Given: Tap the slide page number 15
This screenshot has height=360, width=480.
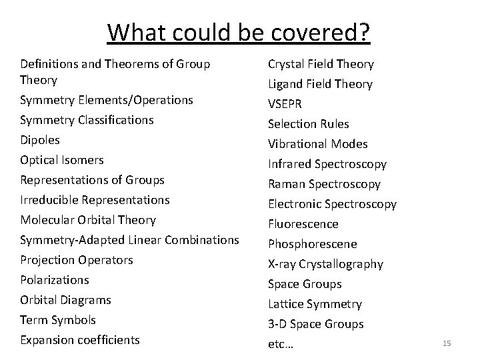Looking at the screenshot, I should [447, 343].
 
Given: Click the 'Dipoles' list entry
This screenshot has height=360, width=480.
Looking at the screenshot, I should [40, 140].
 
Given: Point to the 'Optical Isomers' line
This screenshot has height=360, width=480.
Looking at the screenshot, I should [62, 160].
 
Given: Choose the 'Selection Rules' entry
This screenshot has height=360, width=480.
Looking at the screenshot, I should [308, 124].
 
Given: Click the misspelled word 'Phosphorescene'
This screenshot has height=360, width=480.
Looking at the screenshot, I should [312, 244].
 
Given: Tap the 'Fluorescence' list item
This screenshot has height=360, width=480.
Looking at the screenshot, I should [303, 224].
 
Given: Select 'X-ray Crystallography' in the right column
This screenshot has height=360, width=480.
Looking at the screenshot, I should [325, 264].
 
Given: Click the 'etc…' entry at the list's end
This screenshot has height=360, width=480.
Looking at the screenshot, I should [281, 344].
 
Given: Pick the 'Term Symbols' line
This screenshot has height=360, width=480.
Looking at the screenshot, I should [58, 320].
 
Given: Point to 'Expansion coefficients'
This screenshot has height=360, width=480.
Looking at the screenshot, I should [80, 340].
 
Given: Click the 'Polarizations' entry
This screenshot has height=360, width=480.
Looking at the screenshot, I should [55, 280].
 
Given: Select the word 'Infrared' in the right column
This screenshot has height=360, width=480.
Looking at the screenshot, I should [289, 164].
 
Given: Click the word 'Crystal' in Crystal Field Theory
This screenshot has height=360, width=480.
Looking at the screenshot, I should [286, 64].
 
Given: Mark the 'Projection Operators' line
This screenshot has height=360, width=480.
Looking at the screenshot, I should [77, 260].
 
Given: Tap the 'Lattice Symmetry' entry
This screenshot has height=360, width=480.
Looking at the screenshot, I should [315, 304].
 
